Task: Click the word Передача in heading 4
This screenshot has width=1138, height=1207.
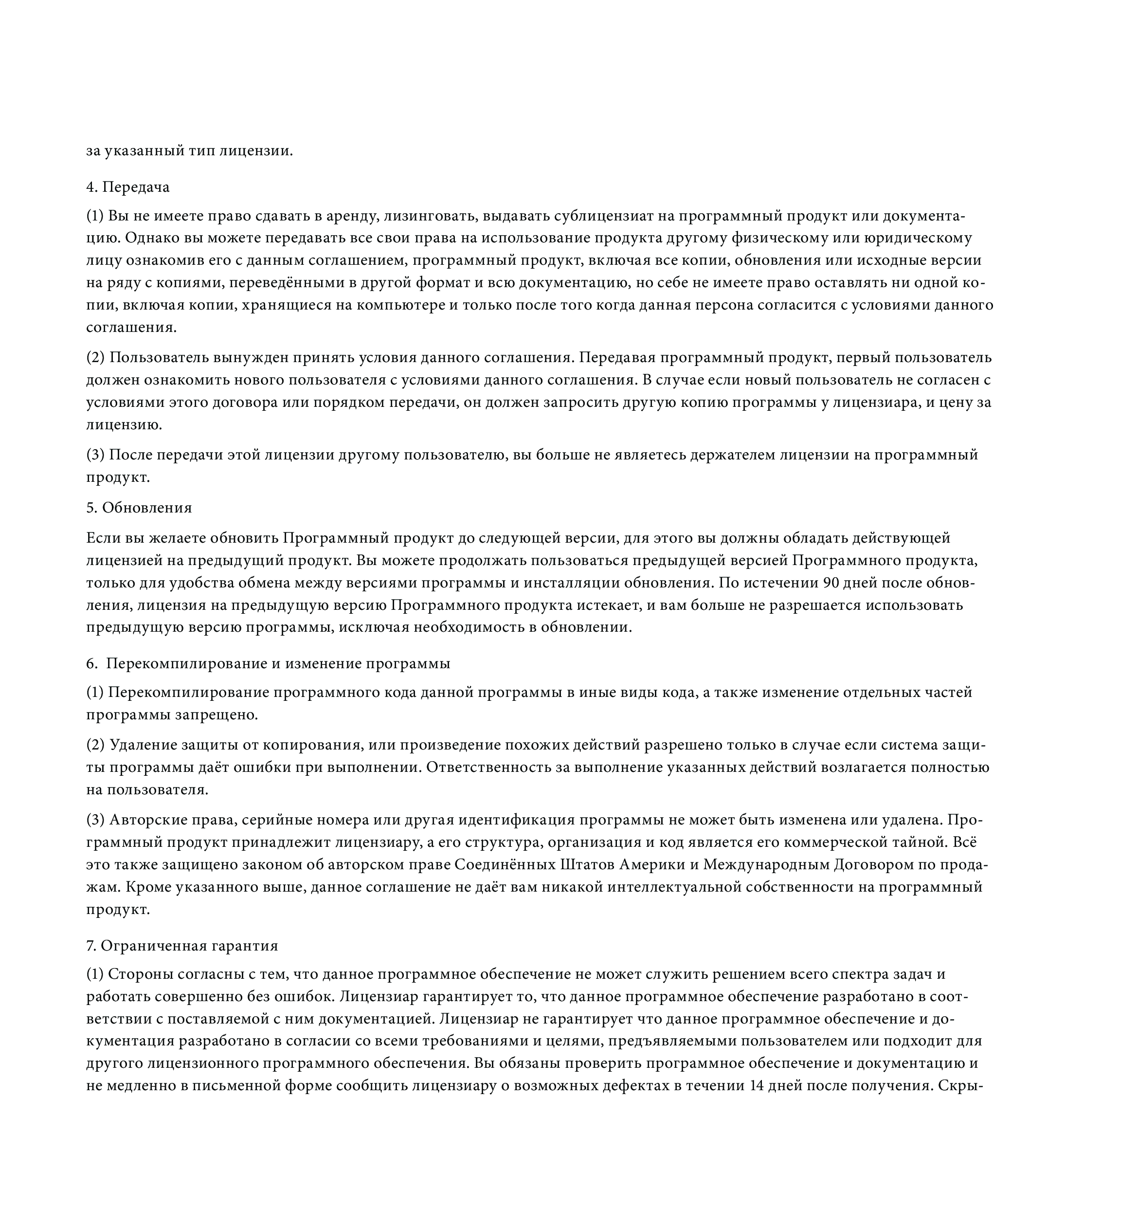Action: pyautogui.click(x=136, y=187)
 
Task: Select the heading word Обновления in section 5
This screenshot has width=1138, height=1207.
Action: pyautogui.click(x=147, y=508)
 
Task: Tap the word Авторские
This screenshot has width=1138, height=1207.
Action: pyautogui.click(x=142, y=820)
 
